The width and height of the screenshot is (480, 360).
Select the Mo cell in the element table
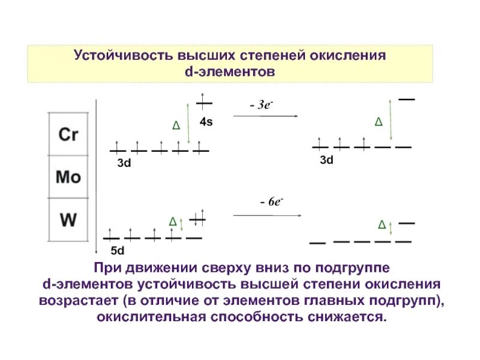point(68,177)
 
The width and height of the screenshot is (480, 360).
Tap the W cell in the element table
point(68,220)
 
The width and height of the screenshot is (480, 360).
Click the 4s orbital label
point(206,122)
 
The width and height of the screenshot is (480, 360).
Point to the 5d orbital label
point(117,251)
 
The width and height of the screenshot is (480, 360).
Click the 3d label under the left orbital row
point(124,163)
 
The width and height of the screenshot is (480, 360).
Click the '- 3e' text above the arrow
point(262,105)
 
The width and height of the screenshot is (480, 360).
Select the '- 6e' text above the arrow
point(271,202)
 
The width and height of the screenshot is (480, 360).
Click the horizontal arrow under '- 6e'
point(265,214)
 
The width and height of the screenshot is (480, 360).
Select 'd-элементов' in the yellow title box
point(230,71)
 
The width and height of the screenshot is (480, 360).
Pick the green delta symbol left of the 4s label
point(175,125)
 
